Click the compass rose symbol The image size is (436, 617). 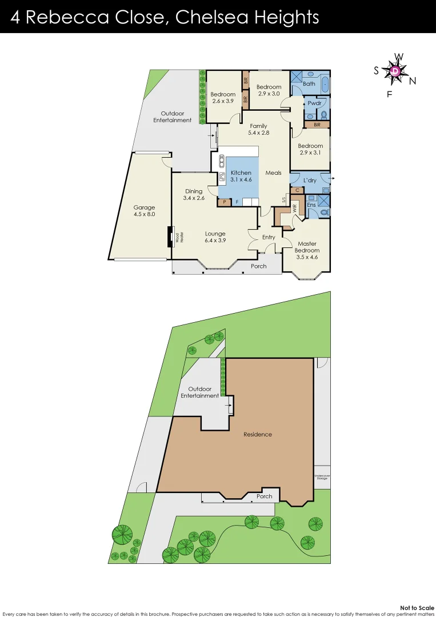click(x=395, y=71)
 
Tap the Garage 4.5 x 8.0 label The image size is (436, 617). click(x=144, y=211)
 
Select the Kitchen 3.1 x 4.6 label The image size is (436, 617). click(x=241, y=176)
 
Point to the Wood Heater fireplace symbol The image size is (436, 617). click(x=170, y=237)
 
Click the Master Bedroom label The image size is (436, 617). click(x=307, y=250)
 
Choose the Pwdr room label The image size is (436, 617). click(x=314, y=103)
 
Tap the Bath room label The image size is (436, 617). click(x=309, y=83)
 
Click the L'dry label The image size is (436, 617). click(x=310, y=181)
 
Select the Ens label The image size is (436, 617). click(x=311, y=205)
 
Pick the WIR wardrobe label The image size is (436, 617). click(x=295, y=210)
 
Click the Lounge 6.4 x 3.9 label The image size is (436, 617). click(x=215, y=237)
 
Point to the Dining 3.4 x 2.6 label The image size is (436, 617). click(x=194, y=195)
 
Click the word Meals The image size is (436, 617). click(x=273, y=173)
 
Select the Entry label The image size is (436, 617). click(x=269, y=237)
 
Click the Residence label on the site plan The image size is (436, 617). click(x=257, y=434)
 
